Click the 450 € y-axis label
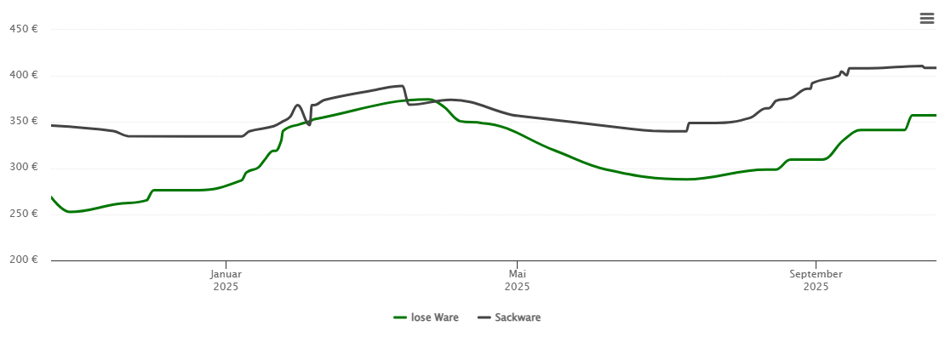click(23, 29)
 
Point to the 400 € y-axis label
click(23, 75)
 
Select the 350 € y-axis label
click(23, 121)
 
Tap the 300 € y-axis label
click(23, 167)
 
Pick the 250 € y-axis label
click(23, 213)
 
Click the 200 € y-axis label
click(23, 259)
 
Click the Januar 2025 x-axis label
click(226, 280)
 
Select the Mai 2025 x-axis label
click(517, 280)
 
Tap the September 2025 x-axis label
click(816, 280)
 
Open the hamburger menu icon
click(926, 18)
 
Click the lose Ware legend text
click(434, 317)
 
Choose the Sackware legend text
click(518, 317)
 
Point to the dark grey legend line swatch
click(484, 317)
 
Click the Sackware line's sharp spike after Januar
click(297, 106)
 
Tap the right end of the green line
click(936, 115)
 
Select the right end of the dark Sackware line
click(936, 67)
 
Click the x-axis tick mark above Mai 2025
click(517, 264)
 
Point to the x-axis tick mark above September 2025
click(816, 264)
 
